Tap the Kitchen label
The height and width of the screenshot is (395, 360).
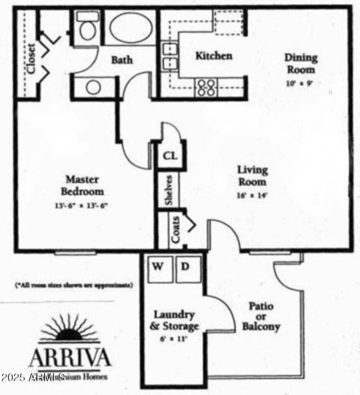213,56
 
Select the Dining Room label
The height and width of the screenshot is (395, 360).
301,63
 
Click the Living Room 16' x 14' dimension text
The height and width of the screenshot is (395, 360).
252,195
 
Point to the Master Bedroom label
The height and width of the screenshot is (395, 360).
82,185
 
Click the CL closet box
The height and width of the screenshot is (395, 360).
170,157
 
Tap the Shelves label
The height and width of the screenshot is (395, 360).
169,190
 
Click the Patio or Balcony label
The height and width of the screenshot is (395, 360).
261,316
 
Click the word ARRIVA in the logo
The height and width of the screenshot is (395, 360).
70,358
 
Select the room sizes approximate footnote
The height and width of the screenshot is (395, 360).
74,285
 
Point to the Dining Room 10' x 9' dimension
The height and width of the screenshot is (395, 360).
299,83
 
